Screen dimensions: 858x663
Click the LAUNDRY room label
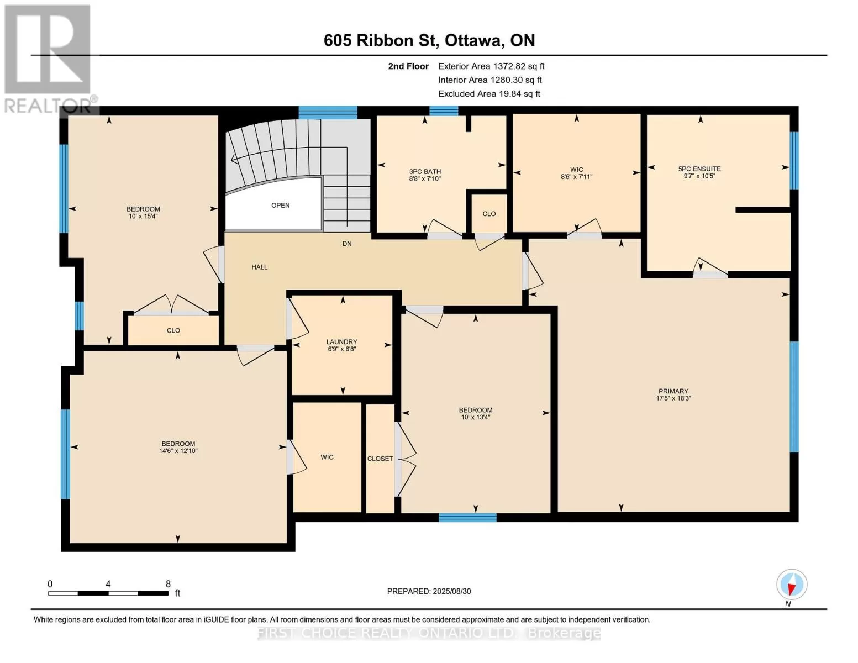click(341, 342)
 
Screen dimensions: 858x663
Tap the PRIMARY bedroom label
click(673, 391)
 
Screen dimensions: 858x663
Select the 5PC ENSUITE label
click(699, 169)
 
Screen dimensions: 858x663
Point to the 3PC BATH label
click(425, 172)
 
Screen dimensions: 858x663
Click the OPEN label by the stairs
click(280, 206)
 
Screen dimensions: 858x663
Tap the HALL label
click(260, 267)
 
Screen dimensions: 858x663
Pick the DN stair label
click(346, 244)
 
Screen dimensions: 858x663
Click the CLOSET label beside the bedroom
click(380, 459)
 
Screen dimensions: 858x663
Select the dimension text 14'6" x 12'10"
click(178, 451)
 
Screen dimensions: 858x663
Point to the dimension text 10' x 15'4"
click(143, 217)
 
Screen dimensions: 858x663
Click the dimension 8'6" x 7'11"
click(576, 177)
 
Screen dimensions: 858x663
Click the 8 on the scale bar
click(168, 584)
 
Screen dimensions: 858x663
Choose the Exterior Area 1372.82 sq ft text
click(491, 66)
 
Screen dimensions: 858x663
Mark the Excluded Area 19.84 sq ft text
click(489, 94)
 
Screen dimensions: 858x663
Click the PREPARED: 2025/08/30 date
click(429, 591)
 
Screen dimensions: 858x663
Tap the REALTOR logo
click(49, 59)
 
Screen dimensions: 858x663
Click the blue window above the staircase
click(328, 113)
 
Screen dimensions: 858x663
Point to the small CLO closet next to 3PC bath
click(489, 214)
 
